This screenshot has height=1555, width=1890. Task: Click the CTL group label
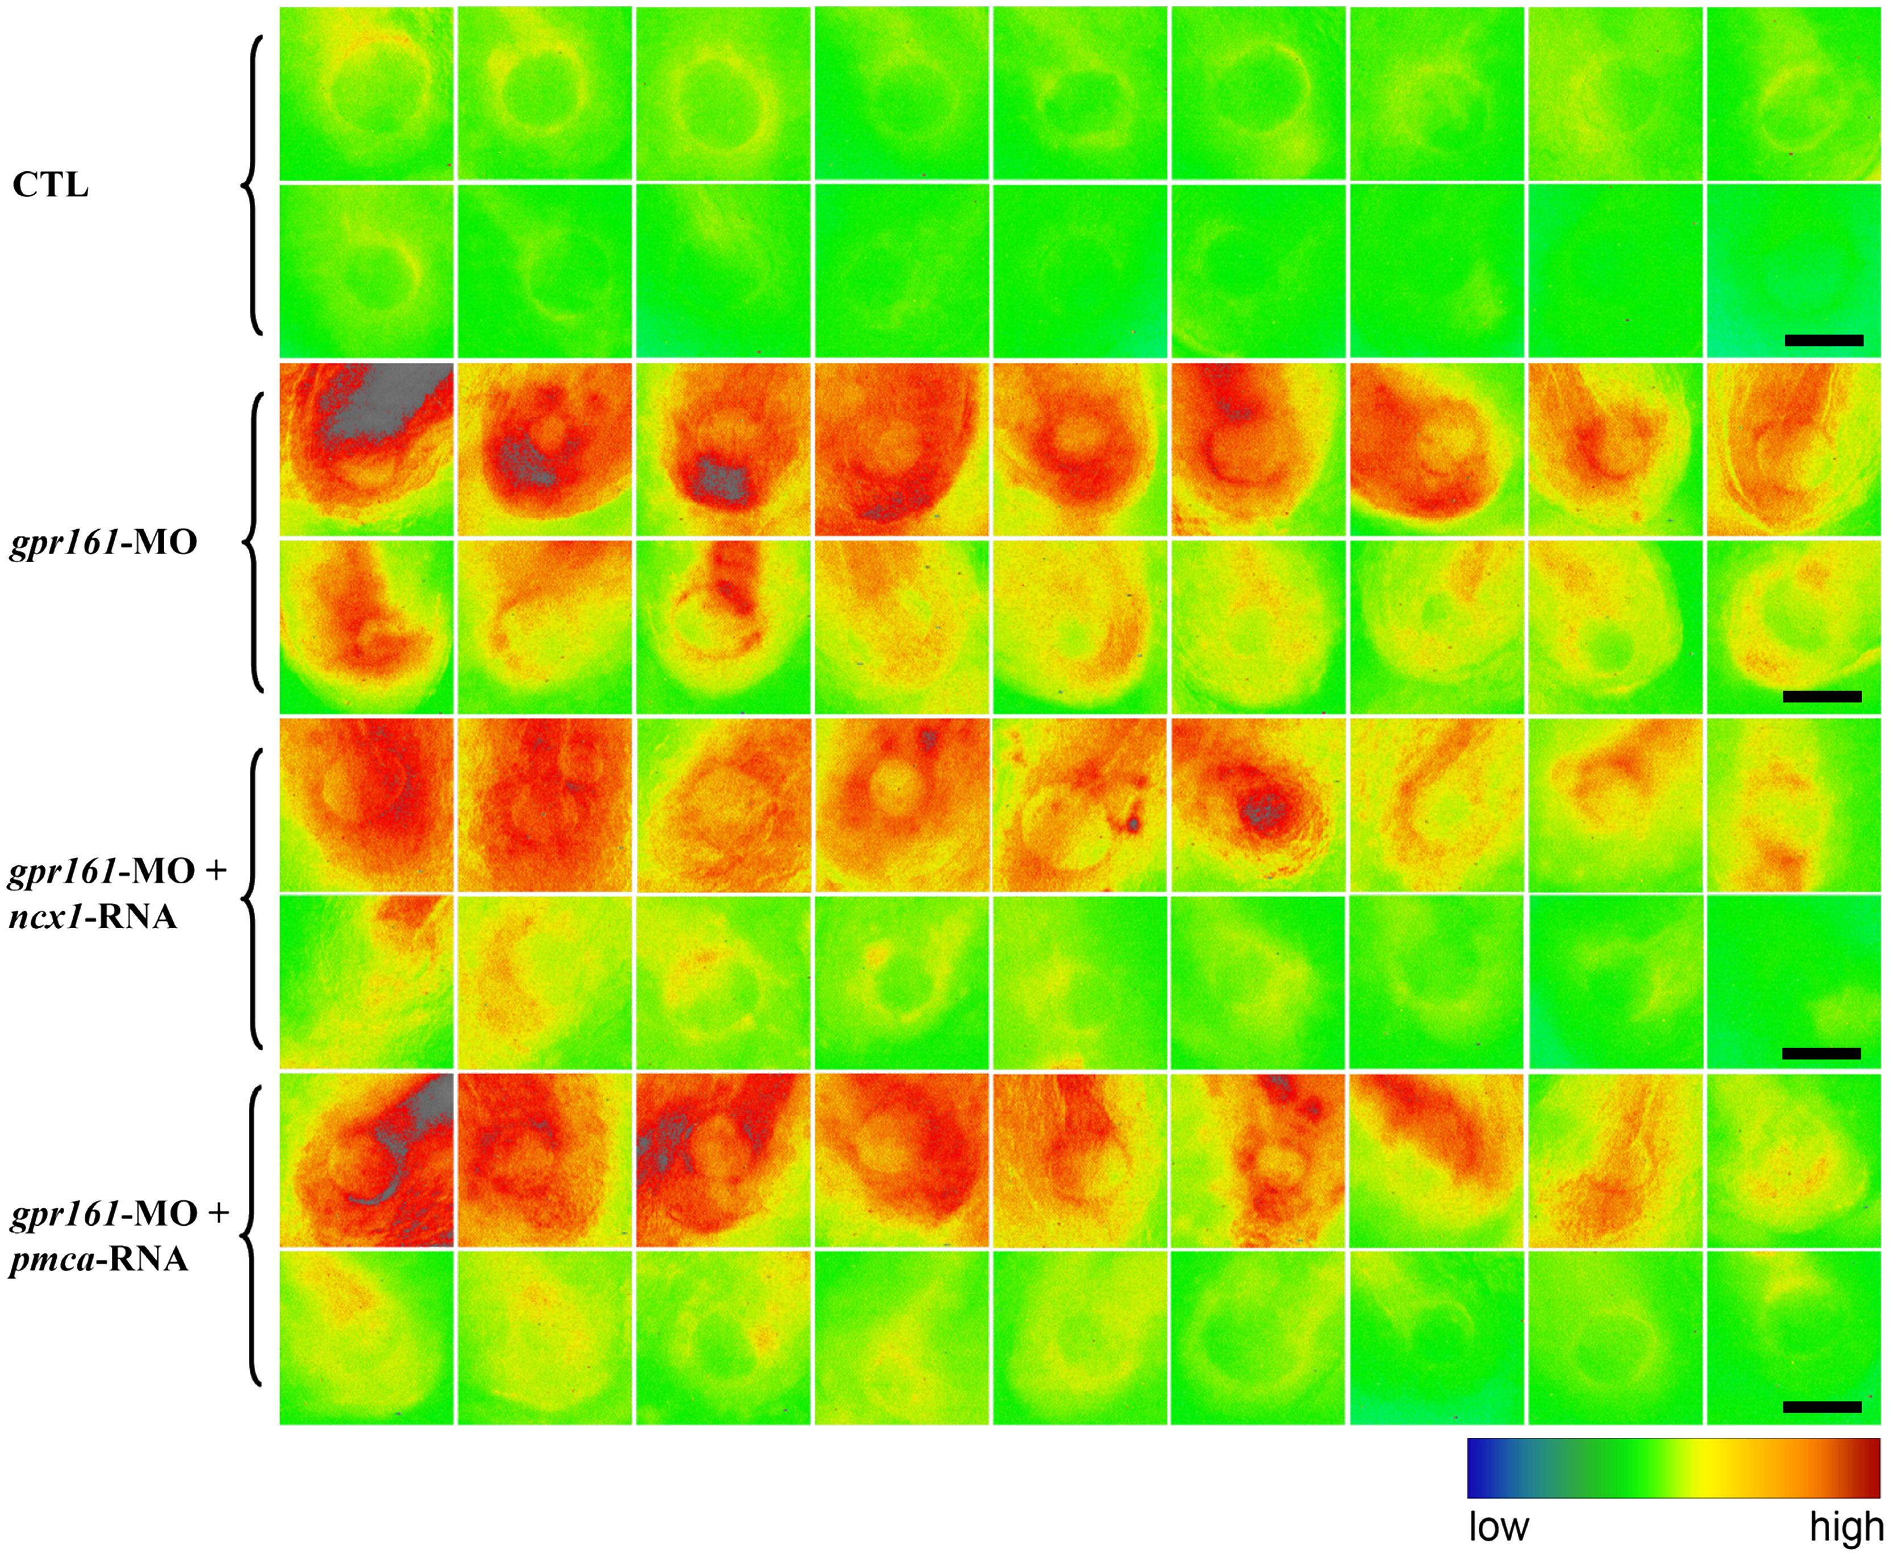click(x=50, y=186)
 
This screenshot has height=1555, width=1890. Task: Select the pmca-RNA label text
click(x=99, y=1259)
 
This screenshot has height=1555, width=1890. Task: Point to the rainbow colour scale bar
click(x=1672, y=1467)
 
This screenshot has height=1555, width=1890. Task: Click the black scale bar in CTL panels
click(x=1824, y=341)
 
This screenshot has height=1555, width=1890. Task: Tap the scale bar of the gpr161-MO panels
click(x=1822, y=696)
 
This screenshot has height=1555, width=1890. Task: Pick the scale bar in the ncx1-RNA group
click(x=1821, y=1053)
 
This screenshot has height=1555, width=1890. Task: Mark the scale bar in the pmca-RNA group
click(x=1822, y=1407)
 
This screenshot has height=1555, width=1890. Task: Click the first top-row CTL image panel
click(x=366, y=93)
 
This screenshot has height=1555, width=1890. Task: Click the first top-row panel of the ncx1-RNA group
click(x=366, y=804)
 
